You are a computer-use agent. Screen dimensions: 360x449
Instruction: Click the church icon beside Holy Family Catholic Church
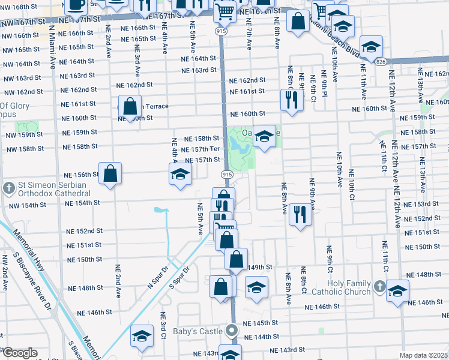(379, 287)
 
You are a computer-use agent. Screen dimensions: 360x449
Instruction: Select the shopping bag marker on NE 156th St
(110, 174)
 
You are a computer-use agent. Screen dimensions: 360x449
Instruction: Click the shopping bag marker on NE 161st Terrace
(130, 108)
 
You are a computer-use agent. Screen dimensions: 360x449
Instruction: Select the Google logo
(19, 353)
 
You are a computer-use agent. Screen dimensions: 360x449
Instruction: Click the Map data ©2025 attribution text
(423, 355)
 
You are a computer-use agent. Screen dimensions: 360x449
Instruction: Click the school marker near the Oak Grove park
(264, 136)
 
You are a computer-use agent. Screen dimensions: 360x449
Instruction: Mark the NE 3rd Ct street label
(163, 325)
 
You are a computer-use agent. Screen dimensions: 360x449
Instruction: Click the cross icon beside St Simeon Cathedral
(9, 188)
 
